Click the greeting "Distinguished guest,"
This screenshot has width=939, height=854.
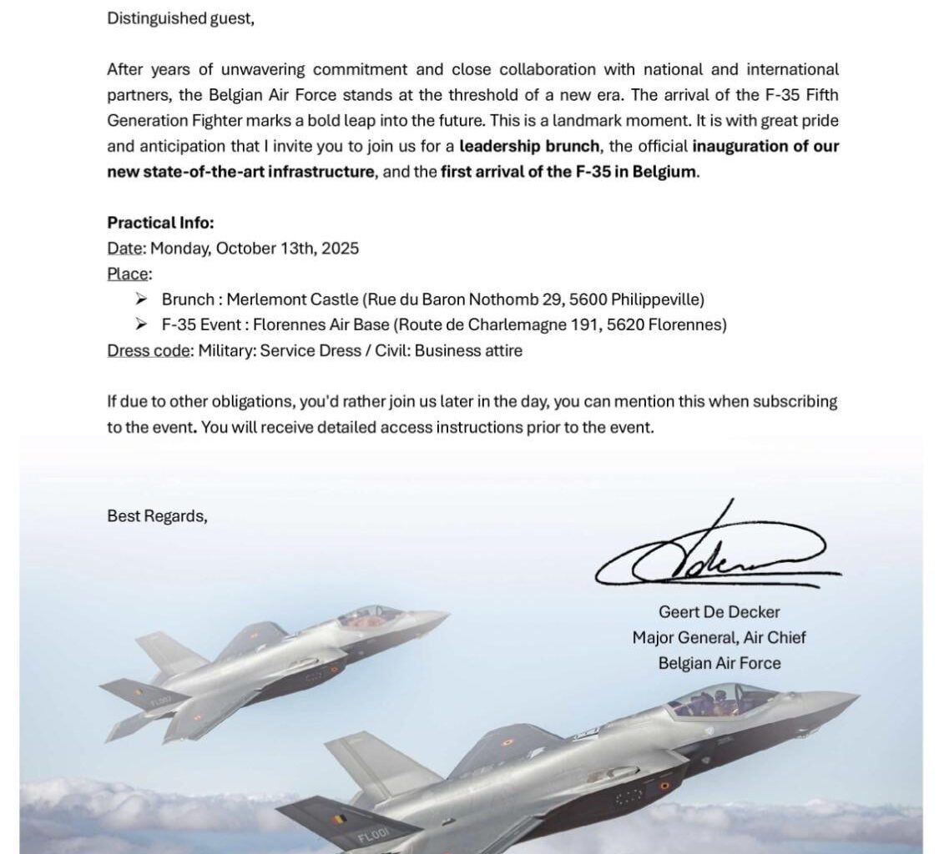(180, 18)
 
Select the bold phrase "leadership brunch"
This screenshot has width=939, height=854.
(529, 146)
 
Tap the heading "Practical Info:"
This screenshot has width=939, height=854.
(160, 223)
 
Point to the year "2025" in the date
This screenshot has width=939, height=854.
(341, 249)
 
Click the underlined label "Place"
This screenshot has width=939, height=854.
(128, 274)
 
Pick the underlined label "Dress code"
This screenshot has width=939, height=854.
(148, 350)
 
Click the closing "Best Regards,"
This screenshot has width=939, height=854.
(157, 516)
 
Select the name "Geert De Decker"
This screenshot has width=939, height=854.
(719, 612)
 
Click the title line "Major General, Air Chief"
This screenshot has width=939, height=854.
(719, 638)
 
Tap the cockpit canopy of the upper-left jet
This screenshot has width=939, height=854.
(369, 615)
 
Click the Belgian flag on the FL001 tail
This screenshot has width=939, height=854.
(339, 819)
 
